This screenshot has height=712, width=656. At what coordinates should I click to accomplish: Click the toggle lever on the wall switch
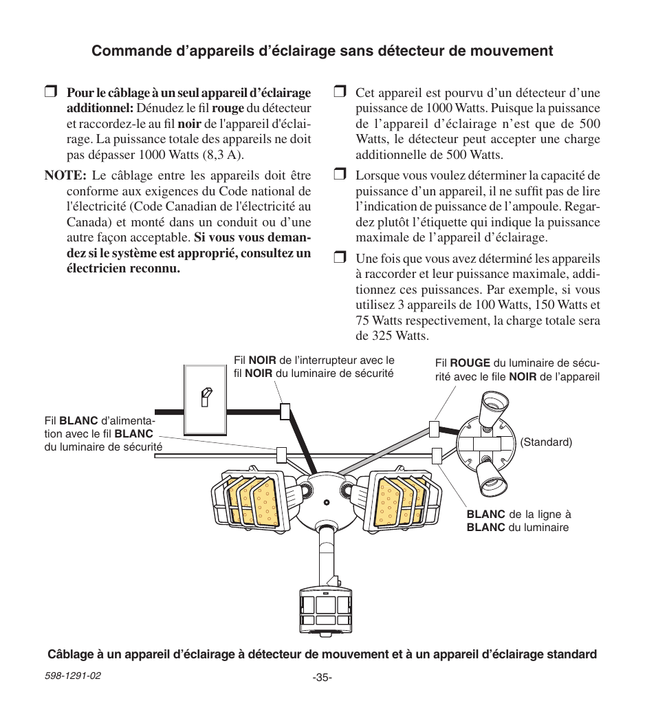click(204, 397)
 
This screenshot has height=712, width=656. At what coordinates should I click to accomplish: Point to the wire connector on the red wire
click(434, 429)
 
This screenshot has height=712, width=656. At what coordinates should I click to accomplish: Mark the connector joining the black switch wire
click(285, 411)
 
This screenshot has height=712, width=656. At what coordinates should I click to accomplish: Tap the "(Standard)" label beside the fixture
click(546, 442)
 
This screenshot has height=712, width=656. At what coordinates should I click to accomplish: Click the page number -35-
click(322, 678)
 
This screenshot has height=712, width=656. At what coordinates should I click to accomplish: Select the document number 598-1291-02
click(73, 676)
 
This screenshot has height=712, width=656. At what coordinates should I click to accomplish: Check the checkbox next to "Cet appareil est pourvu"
click(339, 93)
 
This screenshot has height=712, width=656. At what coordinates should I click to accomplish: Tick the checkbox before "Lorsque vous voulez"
click(339, 175)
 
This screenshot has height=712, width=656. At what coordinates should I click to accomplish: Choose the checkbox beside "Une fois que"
click(339, 259)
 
